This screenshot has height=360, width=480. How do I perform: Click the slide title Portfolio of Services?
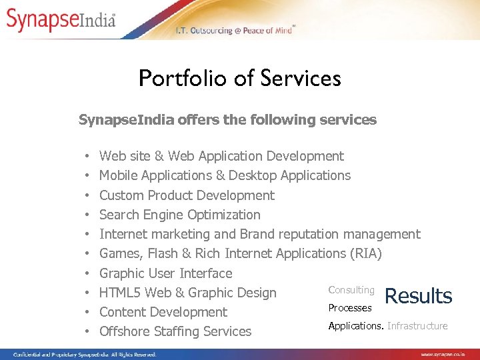coord(239,79)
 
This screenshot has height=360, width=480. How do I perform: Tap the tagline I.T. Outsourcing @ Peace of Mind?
coord(235,31)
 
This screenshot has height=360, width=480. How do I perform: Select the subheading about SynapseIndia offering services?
coord(227,120)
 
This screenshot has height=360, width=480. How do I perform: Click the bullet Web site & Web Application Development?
coord(221,156)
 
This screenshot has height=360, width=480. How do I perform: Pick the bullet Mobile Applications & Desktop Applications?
coord(225,175)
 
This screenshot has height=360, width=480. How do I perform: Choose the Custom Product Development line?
coord(187,195)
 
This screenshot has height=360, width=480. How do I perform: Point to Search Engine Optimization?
coord(180,215)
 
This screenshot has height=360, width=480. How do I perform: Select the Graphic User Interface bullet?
coord(166,273)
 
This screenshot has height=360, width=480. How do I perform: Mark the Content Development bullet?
coord(163,312)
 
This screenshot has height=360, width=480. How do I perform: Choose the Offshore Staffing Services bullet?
coord(175,331)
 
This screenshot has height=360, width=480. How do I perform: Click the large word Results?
coord(419,296)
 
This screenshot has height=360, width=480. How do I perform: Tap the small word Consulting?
coord(351,290)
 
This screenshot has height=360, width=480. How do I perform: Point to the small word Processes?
coord(350,308)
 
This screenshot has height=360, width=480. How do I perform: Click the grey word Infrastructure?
coord(417,326)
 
